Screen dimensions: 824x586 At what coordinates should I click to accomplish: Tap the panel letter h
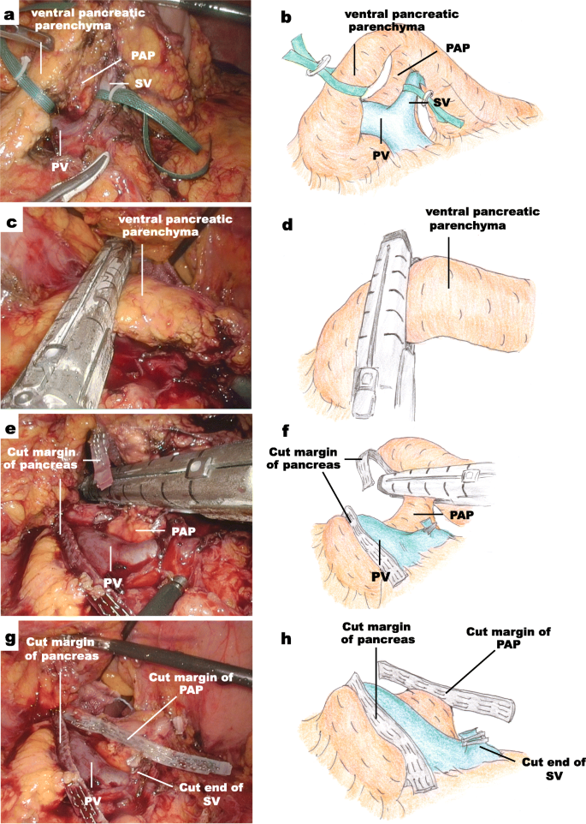[287, 636]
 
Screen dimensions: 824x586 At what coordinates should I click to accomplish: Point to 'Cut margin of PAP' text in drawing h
[508, 638]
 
